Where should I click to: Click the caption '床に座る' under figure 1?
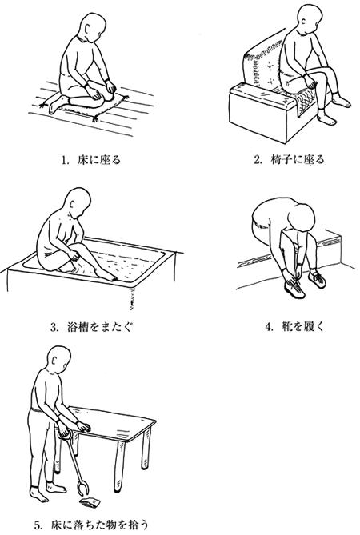click(100, 160)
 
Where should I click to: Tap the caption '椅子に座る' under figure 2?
click(298, 160)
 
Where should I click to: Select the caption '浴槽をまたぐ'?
click(100, 327)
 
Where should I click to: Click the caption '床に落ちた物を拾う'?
click(100, 524)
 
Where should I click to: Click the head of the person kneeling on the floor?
click(91, 26)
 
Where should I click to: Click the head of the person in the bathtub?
click(78, 202)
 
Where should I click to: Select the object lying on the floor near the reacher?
click(90, 501)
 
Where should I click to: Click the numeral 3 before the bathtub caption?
click(53, 328)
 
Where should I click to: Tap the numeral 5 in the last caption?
click(38, 525)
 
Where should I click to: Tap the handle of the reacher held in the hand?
click(64, 434)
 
